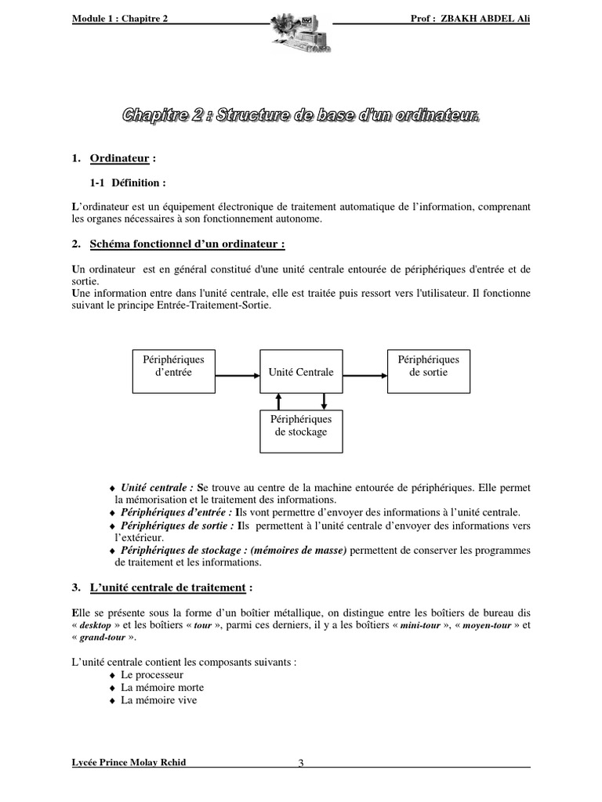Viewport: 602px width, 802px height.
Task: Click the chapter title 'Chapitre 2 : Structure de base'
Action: click(300, 116)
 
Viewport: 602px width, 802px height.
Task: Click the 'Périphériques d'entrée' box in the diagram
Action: click(172, 366)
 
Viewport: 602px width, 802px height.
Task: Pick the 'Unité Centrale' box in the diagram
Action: click(300, 372)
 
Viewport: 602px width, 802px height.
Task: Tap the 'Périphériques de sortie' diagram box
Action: click(428, 366)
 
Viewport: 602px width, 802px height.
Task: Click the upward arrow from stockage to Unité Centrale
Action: click(278, 401)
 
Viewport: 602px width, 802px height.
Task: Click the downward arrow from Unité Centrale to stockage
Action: click(324, 401)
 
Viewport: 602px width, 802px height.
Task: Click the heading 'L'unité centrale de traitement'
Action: click(172, 587)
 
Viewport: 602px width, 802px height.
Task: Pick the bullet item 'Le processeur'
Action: click(151, 674)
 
